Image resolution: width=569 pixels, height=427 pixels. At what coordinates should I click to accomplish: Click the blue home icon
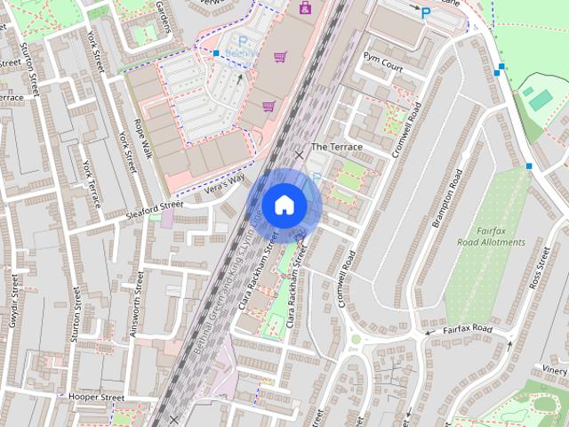coord(284,205)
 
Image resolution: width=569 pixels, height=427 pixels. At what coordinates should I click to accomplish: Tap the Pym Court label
coord(383,68)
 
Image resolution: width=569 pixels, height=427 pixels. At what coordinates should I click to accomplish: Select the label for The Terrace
coord(336,146)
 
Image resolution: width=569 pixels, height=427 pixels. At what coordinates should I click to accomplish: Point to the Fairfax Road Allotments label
coord(491,236)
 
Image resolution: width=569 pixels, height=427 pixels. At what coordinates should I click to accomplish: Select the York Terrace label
coord(91,182)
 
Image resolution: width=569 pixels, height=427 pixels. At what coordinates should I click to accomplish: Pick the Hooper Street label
coord(95,396)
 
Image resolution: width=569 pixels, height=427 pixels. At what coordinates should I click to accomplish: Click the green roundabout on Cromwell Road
coord(356,338)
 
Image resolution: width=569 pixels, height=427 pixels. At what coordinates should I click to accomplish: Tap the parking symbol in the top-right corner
coord(426,13)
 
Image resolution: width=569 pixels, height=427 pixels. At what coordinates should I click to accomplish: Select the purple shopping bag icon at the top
coord(306,7)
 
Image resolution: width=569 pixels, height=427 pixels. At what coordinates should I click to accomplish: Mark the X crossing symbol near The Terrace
coord(299,155)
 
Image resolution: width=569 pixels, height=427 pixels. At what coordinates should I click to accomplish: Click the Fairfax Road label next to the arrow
coord(468,329)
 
